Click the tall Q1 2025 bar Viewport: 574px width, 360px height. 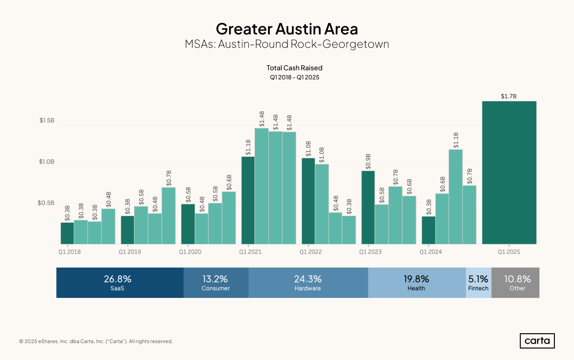tap(509, 172)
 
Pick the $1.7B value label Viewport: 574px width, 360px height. tap(508, 97)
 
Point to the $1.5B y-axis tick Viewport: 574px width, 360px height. tap(47, 120)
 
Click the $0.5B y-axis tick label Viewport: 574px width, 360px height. tap(47, 203)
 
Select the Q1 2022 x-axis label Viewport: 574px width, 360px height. tap(310, 251)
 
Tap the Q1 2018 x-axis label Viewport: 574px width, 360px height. tap(69, 251)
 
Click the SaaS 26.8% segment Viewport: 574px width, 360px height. tap(120, 283)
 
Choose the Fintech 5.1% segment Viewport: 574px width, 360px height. tap(478, 283)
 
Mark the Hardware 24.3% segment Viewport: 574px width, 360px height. tap(308, 283)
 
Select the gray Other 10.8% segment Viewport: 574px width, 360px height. tap(515, 283)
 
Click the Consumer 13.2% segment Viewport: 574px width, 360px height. tap(216, 283)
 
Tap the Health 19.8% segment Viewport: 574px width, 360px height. tap(417, 283)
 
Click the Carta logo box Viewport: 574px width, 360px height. tap(537, 341)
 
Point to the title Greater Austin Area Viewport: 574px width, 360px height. tap(287, 29)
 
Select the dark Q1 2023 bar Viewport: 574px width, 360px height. tap(368, 207)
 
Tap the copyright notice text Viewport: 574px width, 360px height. tap(96, 341)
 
